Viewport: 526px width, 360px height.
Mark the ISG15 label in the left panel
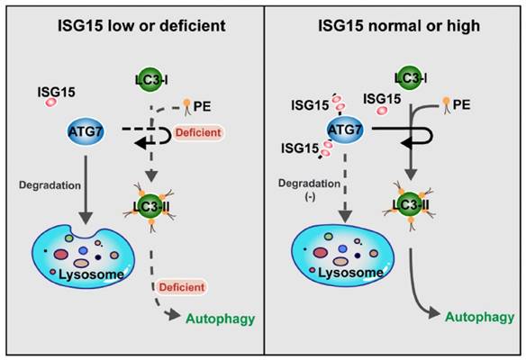click(57, 92)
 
